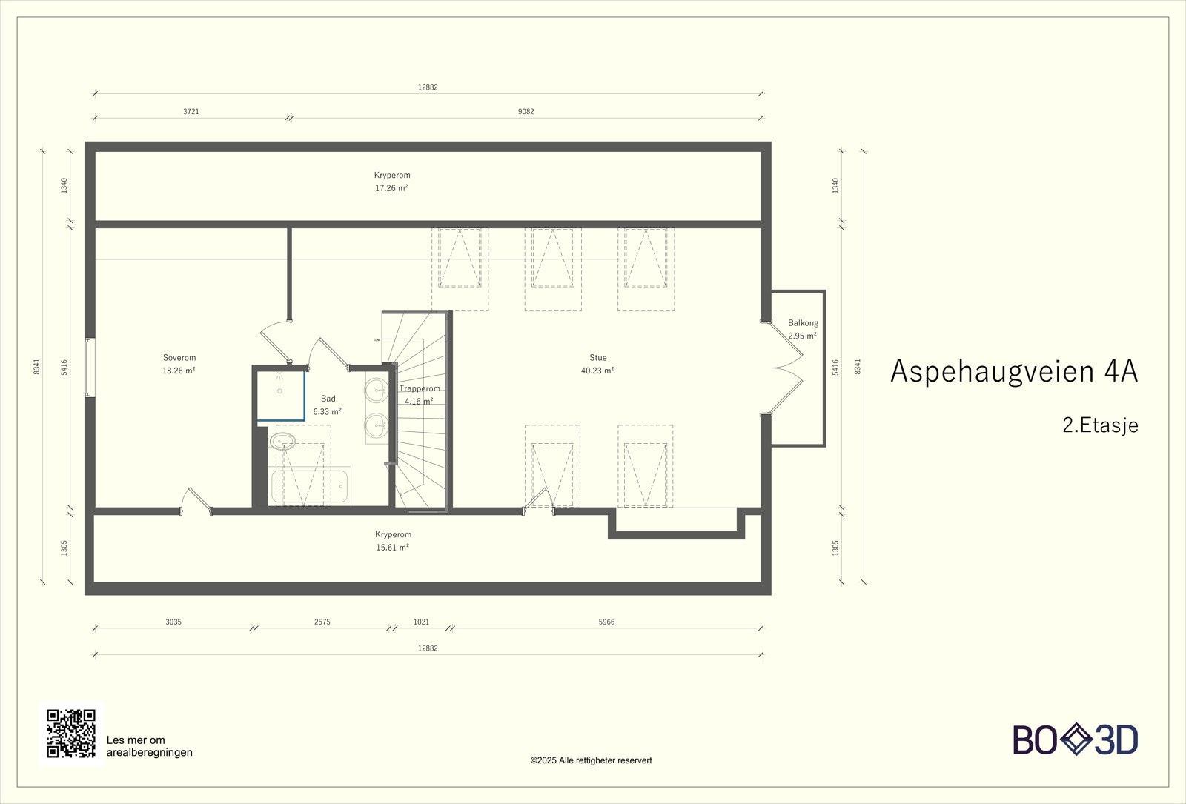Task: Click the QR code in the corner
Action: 71,733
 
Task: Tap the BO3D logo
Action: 1076,740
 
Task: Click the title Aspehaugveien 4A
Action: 1014,371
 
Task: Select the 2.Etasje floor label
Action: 1100,425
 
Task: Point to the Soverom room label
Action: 179,358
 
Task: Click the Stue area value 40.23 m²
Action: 597,371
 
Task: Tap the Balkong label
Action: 803,322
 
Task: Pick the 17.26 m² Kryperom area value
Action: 392,188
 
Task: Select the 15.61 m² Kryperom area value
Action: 392,548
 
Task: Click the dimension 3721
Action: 191,112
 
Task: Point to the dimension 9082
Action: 526,112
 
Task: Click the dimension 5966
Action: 607,622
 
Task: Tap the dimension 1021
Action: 421,622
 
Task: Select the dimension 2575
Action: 322,622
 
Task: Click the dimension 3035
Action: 173,622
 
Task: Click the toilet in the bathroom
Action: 282,441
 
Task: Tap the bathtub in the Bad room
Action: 311,485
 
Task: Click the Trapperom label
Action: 420,388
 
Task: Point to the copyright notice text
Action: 591,760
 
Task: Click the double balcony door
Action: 786,368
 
